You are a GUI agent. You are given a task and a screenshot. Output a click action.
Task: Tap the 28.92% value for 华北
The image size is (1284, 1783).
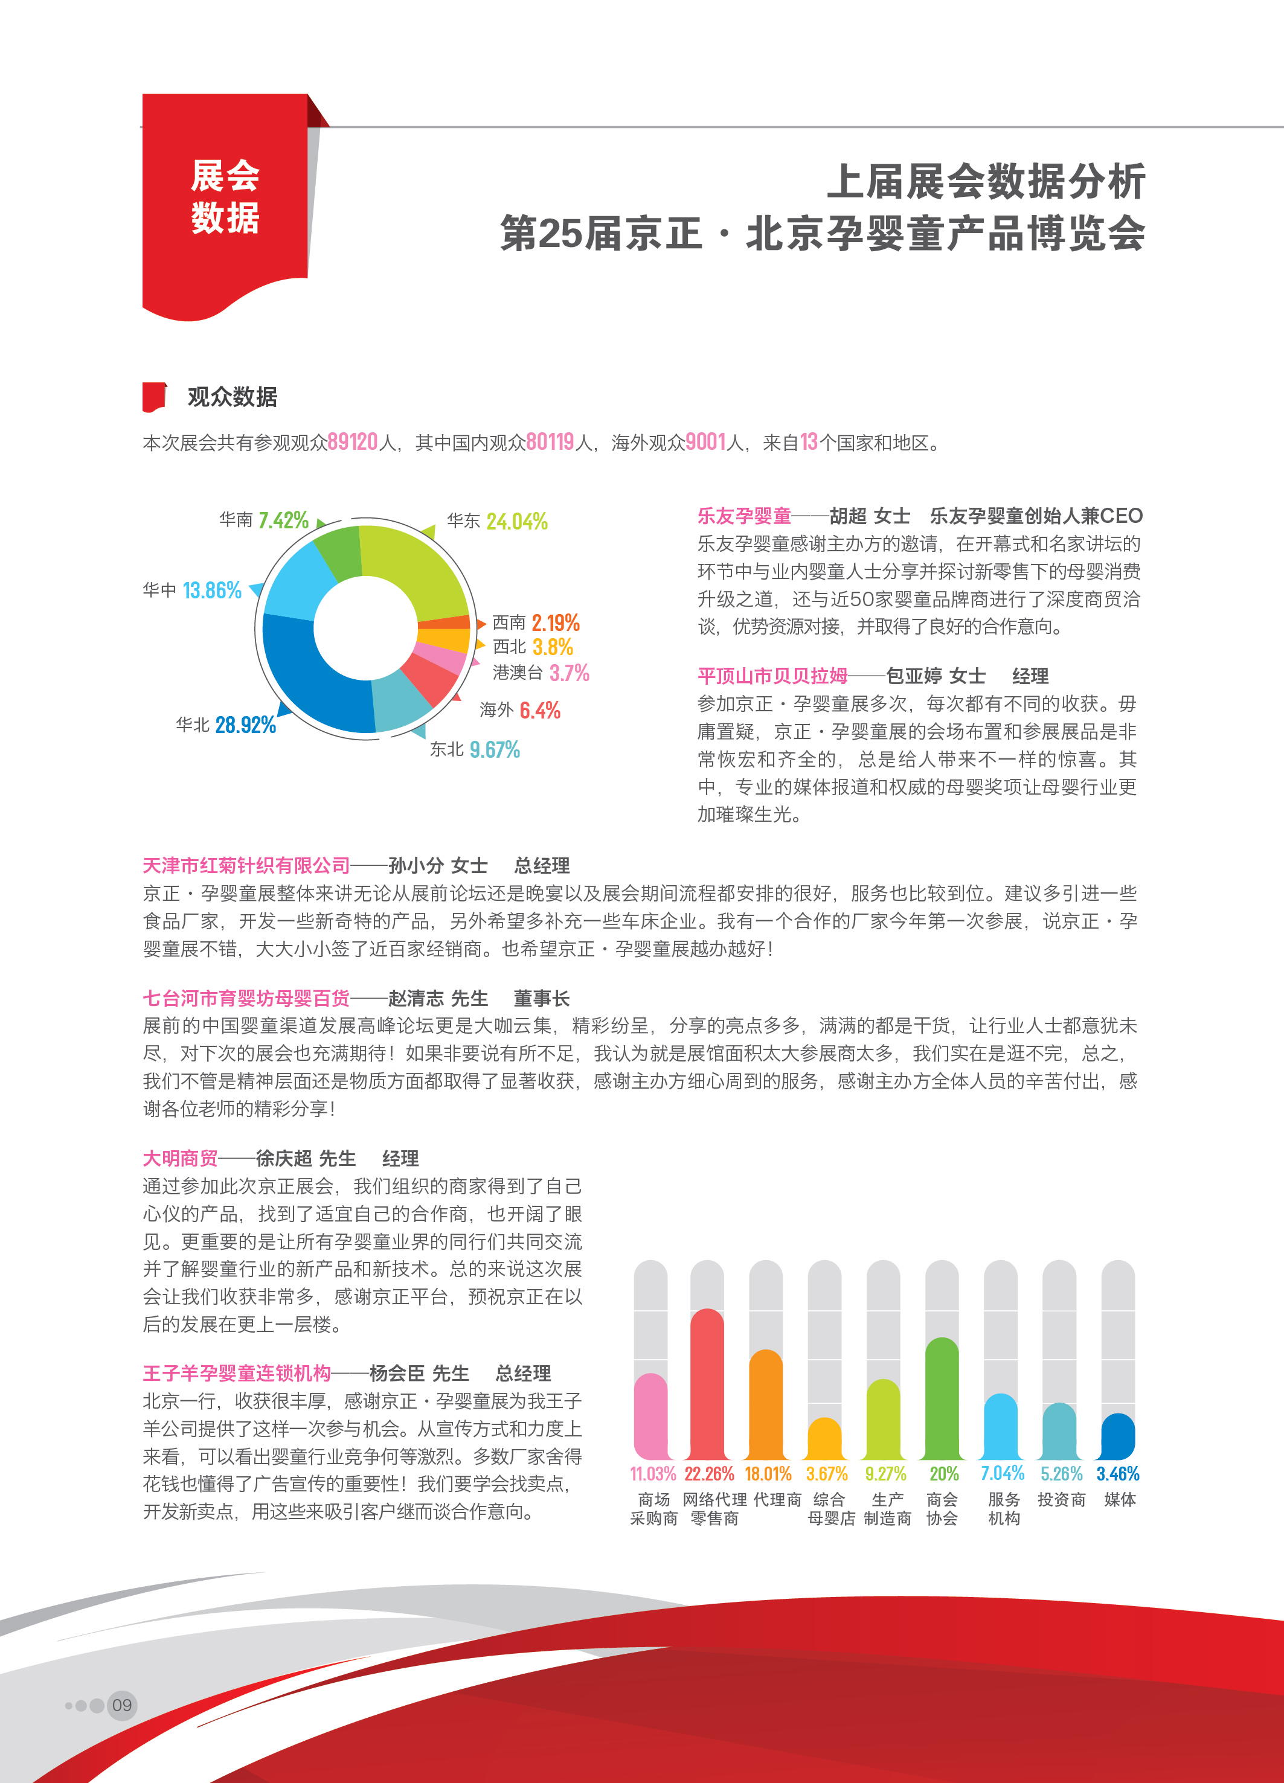245,725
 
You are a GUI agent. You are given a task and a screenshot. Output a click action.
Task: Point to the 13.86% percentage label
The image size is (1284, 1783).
211,591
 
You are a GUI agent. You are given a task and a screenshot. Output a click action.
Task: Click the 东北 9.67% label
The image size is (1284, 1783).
475,749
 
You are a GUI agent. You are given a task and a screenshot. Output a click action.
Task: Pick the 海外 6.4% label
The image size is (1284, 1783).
520,711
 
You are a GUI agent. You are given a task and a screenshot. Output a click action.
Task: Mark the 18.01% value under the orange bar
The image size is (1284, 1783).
768,1474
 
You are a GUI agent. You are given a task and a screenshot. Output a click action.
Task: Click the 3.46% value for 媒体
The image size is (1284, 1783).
1117,1474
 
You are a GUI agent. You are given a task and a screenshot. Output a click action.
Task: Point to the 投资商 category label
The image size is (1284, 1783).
1061,1499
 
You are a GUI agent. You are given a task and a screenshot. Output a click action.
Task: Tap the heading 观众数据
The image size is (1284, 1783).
232,397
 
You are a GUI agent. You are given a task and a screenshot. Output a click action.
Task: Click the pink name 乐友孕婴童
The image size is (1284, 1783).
744,516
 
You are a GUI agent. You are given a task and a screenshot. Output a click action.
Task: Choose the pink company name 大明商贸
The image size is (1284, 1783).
180,1158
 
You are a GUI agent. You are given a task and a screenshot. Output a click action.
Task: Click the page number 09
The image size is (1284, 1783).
122,1705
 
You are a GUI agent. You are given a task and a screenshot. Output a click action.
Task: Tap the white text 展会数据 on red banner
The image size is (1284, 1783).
225,197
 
